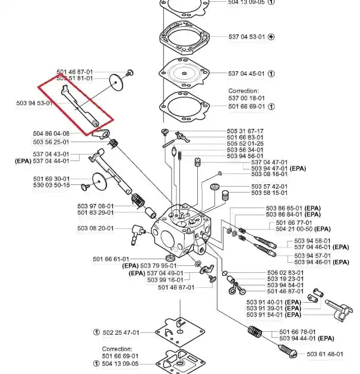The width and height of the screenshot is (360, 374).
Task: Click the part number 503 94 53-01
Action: tap(34, 103)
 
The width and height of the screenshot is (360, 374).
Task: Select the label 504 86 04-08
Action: tap(52, 133)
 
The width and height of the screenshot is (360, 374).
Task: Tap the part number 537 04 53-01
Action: tap(247, 36)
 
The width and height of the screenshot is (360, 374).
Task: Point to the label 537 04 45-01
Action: tap(247, 74)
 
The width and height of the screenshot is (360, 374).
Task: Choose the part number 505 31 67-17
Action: tap(245, 131)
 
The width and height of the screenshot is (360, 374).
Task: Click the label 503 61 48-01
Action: tap(325, 354)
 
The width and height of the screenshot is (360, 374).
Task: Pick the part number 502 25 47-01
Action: tap(121, 332)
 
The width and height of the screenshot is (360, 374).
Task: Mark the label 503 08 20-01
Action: tap(95, 228)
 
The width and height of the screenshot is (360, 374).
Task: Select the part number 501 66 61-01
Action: tap(110, 259)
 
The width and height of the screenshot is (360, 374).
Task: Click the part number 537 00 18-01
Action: tap(247, 98)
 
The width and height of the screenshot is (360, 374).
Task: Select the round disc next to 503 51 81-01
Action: tap(118, 79)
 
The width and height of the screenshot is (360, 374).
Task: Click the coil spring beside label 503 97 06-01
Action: tap(138, 202)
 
